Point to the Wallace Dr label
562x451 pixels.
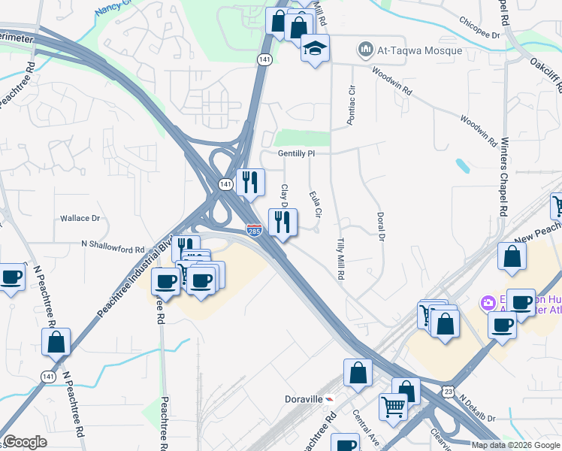80,218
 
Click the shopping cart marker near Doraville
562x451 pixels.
394,407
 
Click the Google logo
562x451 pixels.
25,442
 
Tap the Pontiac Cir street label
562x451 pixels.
351,105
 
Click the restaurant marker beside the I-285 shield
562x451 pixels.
283,222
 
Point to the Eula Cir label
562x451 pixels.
316,204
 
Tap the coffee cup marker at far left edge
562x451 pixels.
11,277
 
